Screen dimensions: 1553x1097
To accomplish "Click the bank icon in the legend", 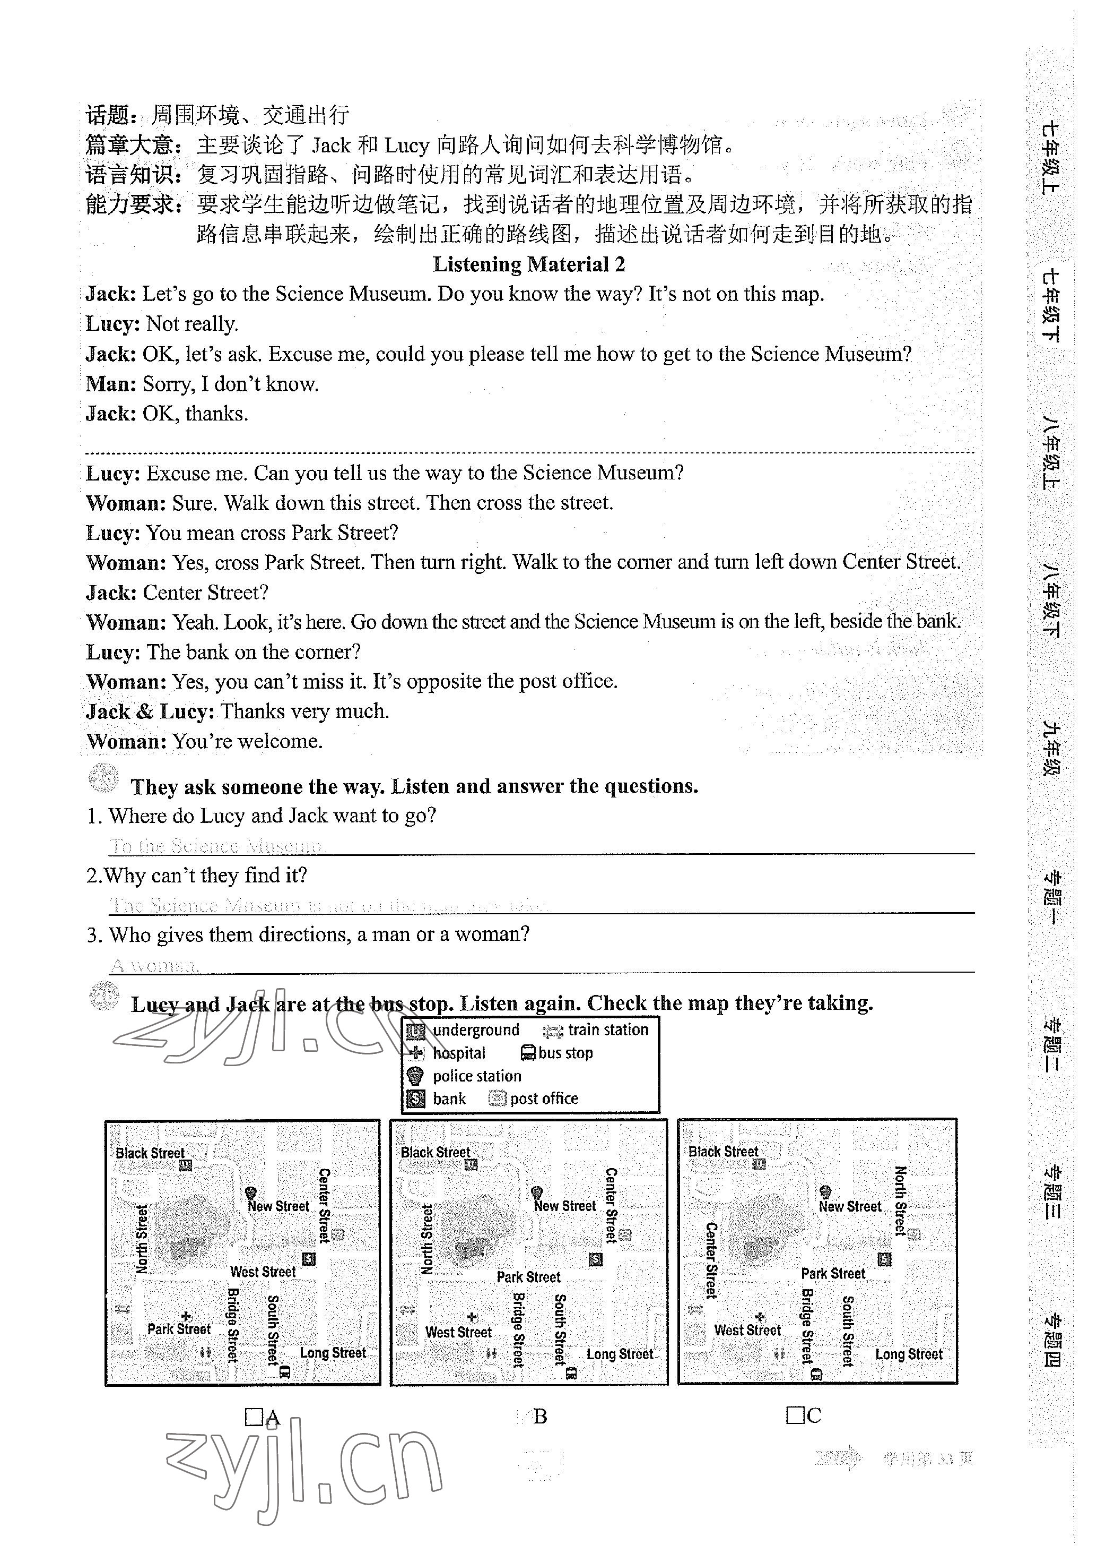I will click(415, 1099).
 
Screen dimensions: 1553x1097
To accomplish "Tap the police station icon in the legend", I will click(415, 1076).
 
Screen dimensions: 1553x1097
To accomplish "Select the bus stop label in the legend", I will click(565, 1053).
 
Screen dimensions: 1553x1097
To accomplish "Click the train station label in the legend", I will click(607, 1030).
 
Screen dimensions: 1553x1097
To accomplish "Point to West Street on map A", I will click(263, 1272).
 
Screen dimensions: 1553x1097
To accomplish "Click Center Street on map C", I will click(711, 1261).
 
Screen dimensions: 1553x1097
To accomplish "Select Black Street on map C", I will click(723, 1151).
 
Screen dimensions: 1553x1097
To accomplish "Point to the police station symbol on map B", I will click(537, 1192).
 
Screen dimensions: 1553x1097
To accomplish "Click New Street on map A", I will click(278, 1206).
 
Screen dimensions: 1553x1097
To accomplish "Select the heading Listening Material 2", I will click(528, 264).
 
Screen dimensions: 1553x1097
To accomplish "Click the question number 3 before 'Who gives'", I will click(93, 936).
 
